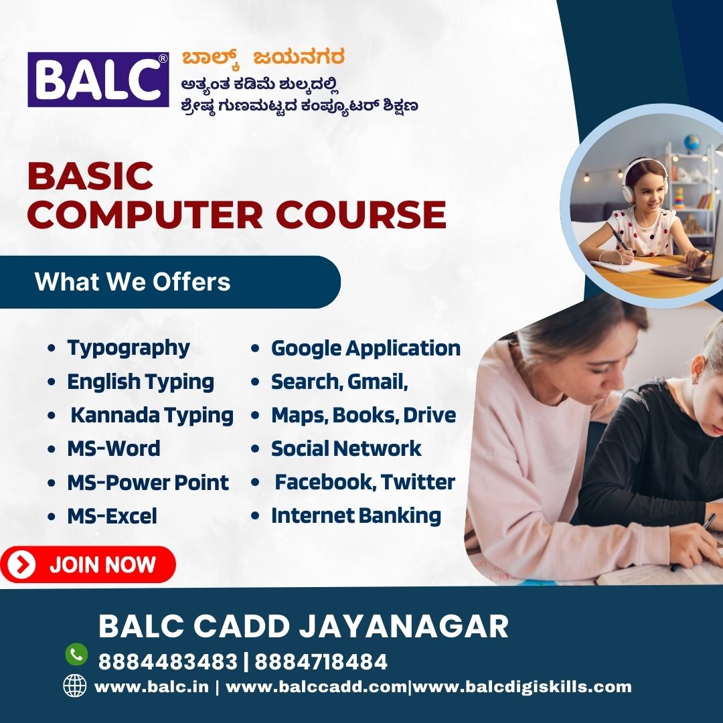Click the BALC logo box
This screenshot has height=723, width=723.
coord(98,79)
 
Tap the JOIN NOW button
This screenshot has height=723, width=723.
coord(88,564)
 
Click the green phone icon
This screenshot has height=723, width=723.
coord(76,654)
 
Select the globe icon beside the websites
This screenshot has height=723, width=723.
coord(75,686)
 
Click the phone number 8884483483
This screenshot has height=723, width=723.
coord(168,662)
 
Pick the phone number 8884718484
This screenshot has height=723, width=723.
coord(321,662)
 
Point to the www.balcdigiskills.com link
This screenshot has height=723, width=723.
coord(522,687)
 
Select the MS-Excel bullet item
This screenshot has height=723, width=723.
coord(112,516)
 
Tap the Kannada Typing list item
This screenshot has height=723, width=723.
coord(152,416)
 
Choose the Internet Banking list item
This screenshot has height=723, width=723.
coord(356,516)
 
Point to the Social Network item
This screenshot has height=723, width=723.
coord(346,449)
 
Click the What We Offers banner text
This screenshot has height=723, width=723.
coord(133,282)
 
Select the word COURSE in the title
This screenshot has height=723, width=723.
coord(361,215)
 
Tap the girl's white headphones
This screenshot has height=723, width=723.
coord(643,177)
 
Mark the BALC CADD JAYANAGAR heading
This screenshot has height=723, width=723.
coord(303,626)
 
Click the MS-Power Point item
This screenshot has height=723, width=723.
coord(148,483)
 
